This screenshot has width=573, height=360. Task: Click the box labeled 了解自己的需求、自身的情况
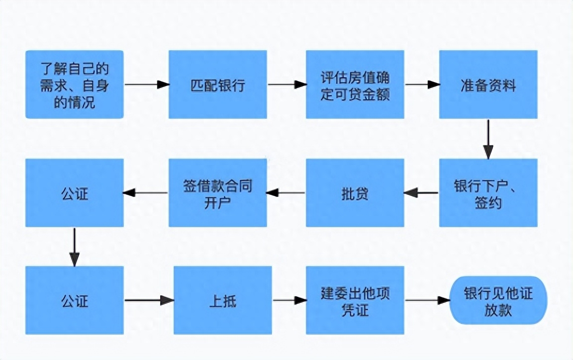[75, 85]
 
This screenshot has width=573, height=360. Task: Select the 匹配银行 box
[217, 85]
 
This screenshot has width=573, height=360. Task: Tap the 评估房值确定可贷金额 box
[355, 85]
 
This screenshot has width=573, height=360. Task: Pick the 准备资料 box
[488, 85]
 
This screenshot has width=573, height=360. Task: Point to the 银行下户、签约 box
[488, 193]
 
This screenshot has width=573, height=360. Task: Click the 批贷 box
[355, 193]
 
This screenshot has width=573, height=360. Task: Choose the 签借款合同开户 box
[217, 193]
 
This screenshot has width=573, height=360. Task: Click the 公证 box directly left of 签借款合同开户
[75, 193]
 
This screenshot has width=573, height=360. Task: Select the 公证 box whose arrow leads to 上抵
[75, 300]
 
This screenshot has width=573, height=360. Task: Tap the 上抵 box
[222, 300]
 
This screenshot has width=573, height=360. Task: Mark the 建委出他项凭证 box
[355, 300]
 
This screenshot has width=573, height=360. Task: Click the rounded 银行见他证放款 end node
[498, 300]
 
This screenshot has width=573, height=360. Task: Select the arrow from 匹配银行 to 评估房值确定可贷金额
[286, 85]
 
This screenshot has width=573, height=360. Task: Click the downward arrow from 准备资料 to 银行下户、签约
[488, 139]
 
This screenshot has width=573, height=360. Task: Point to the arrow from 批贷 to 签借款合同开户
[286, 192]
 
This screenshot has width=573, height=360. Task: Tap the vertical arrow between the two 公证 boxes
[74, 247]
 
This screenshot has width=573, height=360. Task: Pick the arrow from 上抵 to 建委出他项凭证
[289, 300]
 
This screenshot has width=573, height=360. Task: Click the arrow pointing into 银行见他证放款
[427, 300]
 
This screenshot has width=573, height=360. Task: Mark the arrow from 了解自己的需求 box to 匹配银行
[147, 85]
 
